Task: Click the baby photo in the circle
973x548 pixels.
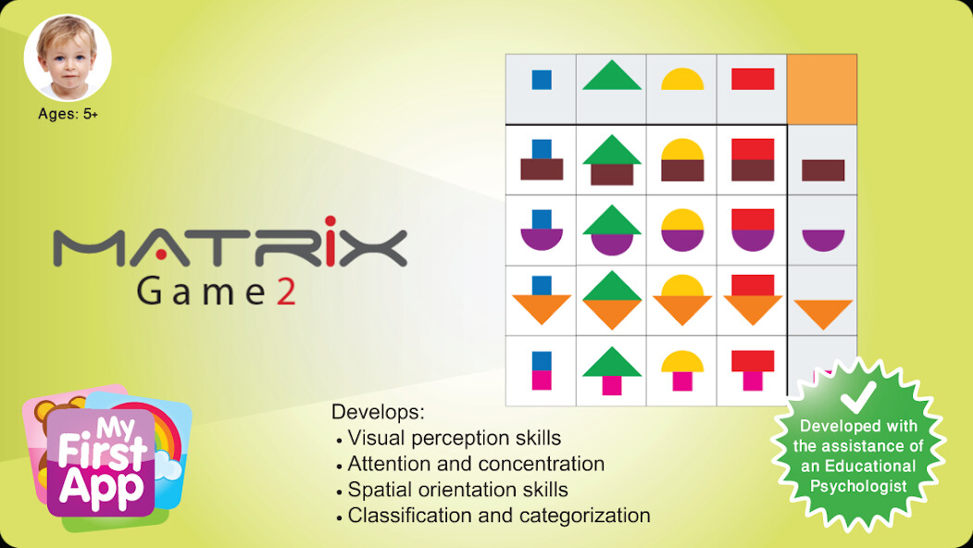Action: (68, 58)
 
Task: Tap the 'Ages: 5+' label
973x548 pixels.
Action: (68, 115)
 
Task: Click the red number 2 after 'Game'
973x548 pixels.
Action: (286, 292)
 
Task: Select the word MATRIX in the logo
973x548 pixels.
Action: (230, 247)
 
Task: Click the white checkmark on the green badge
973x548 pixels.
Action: (857, 396)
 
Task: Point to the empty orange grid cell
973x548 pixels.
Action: (821, 89)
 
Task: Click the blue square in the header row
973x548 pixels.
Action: (542, 80)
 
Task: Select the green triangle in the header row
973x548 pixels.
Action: (611, 76)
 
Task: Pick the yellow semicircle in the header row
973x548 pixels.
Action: (682, 80)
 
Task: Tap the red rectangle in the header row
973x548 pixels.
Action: (753, 80)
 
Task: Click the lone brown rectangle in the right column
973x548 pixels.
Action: (823, 170)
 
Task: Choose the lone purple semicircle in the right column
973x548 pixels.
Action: (823, 240)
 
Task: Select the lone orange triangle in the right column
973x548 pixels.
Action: (823, 314)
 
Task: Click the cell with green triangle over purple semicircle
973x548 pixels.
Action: (611, 230)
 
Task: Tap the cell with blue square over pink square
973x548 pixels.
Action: (542, 370)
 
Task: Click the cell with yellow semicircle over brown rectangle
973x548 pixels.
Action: (682, 160)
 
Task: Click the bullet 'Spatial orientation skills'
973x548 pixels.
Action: (457, 490)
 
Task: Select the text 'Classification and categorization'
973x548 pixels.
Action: (498, 516)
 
